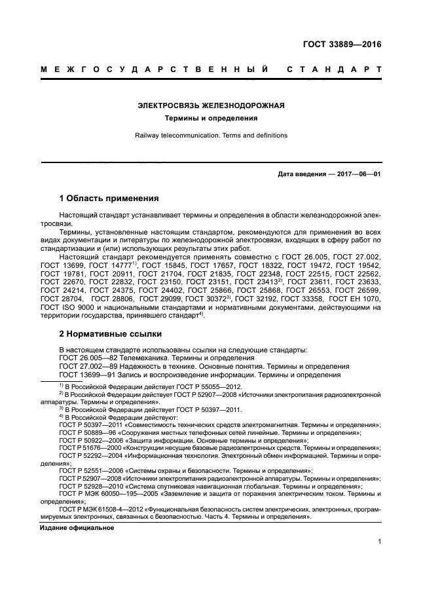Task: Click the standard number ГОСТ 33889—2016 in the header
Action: [x=341, y=45]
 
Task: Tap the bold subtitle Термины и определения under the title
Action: [x=211, y=119]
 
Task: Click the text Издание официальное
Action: [x=77, y=527]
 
